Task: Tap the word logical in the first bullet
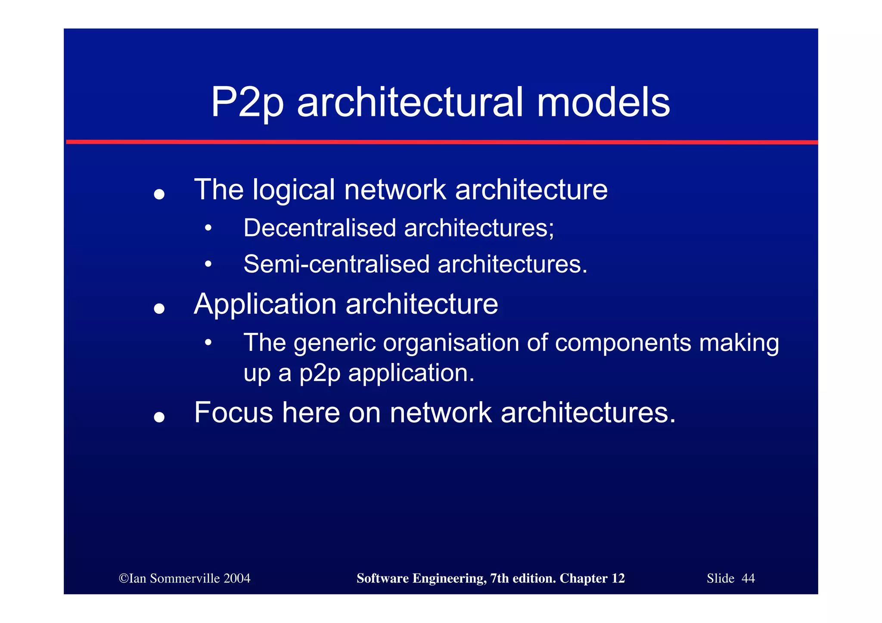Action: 294,190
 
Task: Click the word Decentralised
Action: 320,228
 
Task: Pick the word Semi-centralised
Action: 336,264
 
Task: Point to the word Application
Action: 265,304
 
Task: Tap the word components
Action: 623,343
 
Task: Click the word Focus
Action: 233,412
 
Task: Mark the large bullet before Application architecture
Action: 159,309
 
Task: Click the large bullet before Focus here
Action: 159,417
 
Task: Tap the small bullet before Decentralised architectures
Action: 208,228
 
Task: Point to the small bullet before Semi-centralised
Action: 208,264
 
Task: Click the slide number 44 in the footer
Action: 748,578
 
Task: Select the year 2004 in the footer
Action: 236,578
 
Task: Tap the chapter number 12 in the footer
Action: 618,578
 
